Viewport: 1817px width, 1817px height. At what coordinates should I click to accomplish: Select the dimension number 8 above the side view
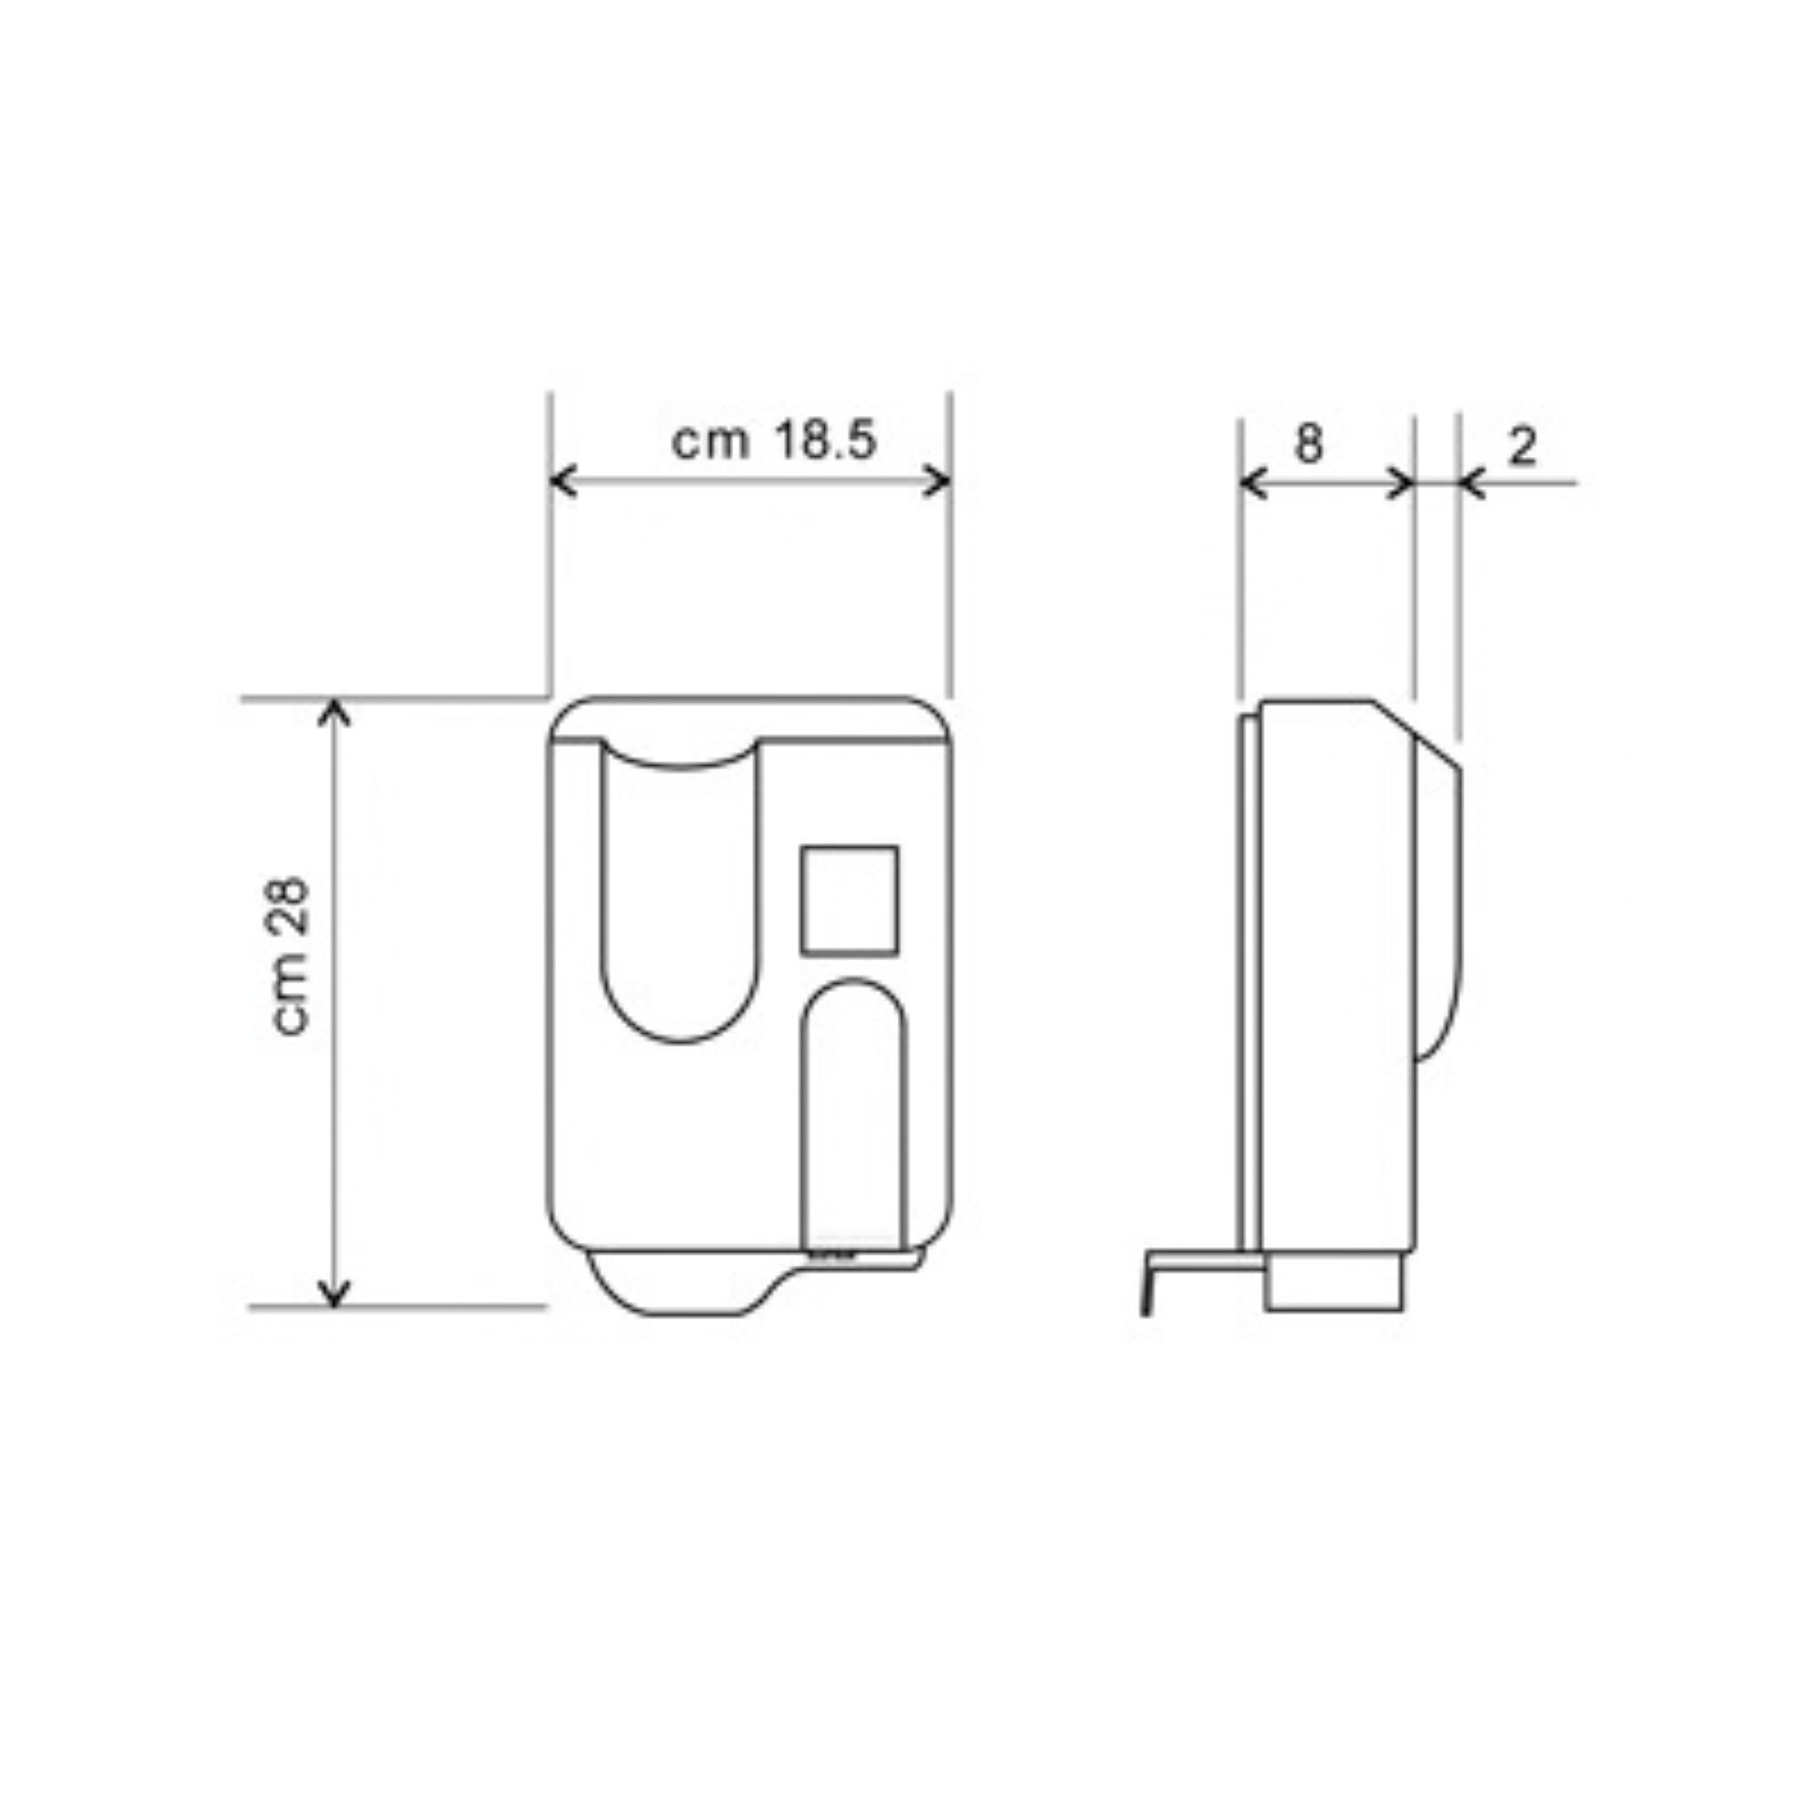pyautogui.click(x=1308, y=442)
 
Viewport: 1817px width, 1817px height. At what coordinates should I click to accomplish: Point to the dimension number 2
pyautogui.click(x=1522, y=446)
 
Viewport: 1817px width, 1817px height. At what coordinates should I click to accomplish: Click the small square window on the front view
pyautogui.click(x=849, y=900)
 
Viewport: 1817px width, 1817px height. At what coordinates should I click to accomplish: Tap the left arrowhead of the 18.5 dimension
pyautogui.click(x=562, y=481)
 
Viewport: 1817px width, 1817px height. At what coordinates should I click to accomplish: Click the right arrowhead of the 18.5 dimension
pyautogui.click(x=938, y=481)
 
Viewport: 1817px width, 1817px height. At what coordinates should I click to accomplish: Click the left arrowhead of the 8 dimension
pyautogui.click(x=1254, y=484)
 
